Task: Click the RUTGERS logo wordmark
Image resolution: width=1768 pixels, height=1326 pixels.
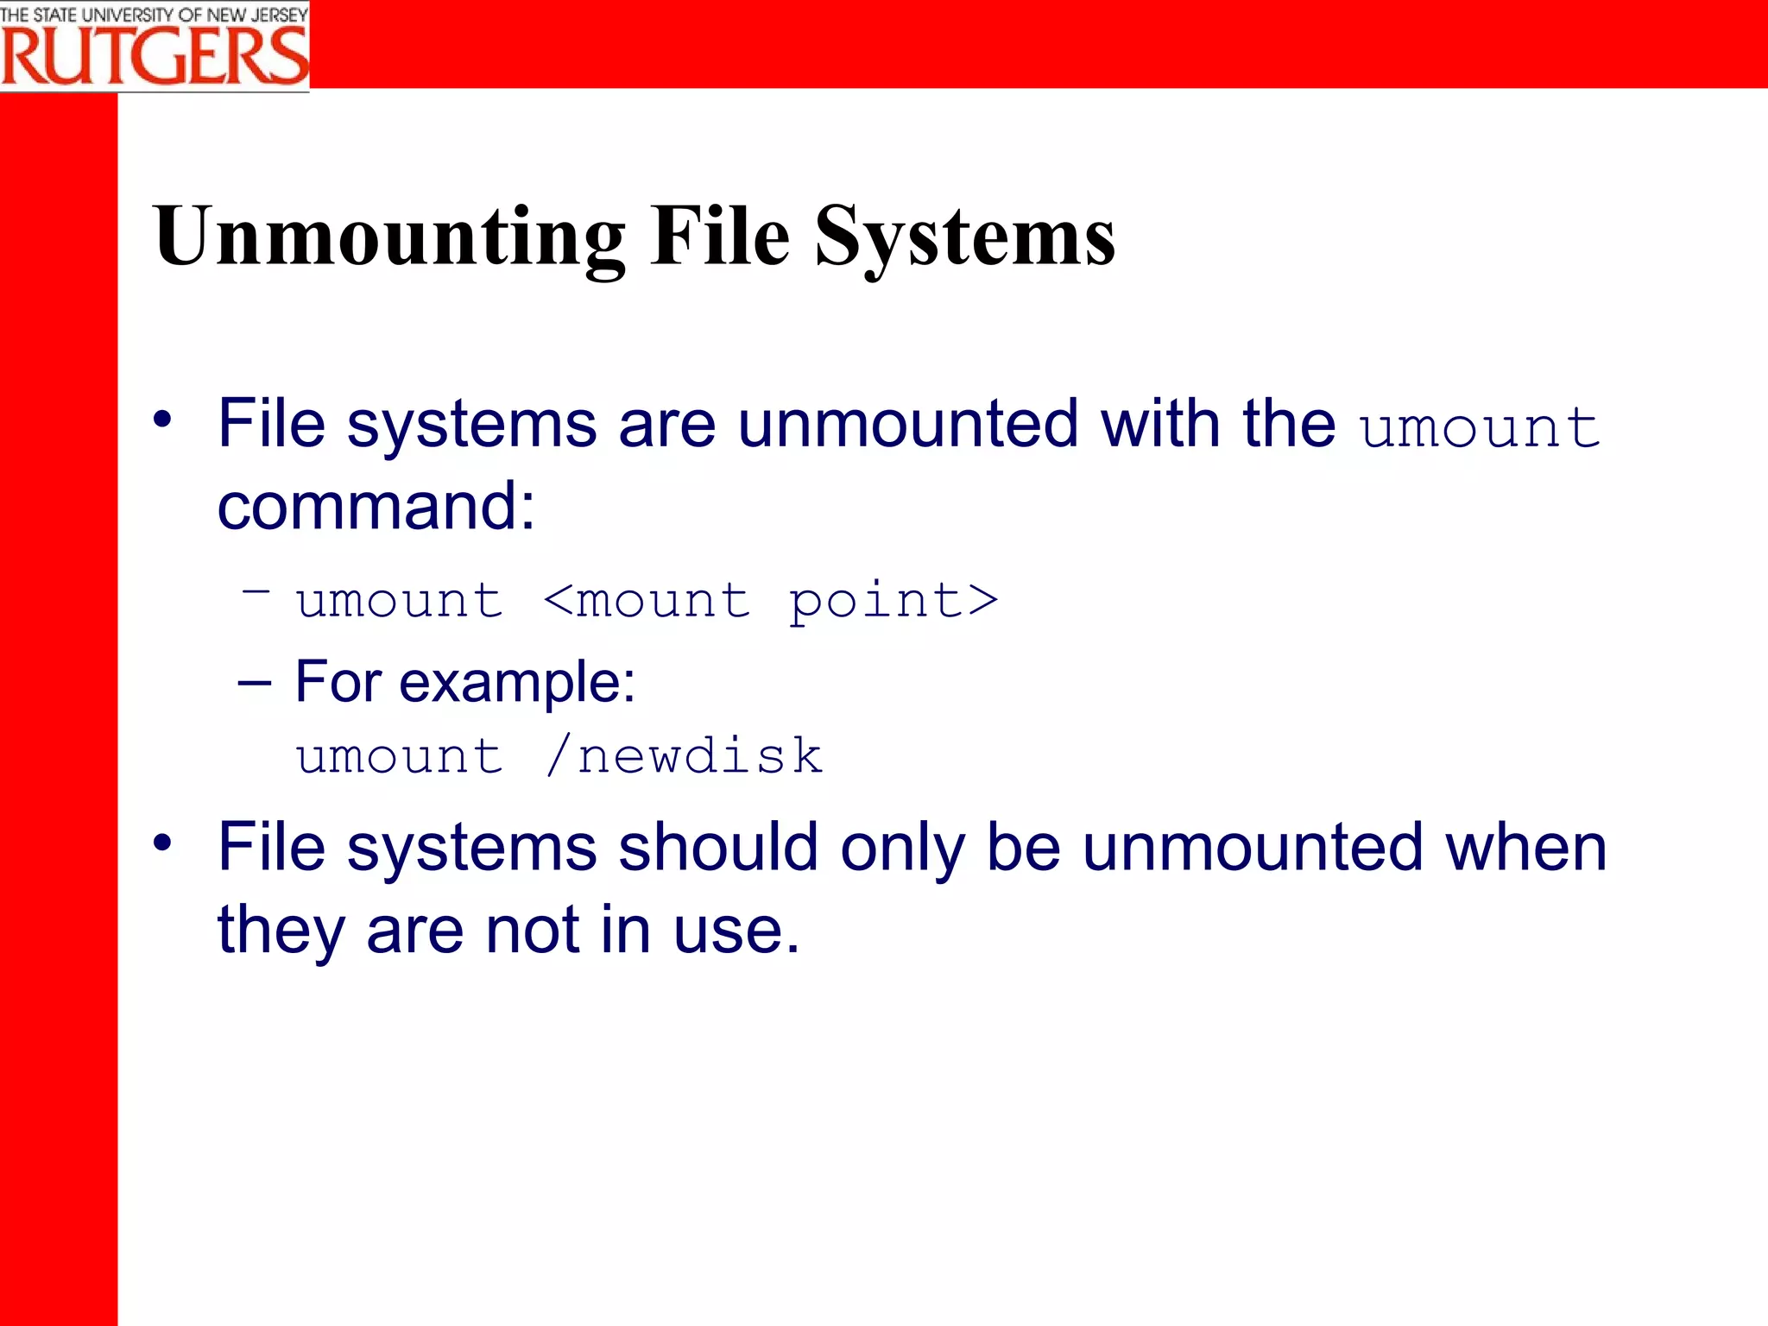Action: (x=155, y=57)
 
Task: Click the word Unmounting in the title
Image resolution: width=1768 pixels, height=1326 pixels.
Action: (x=388, y=237)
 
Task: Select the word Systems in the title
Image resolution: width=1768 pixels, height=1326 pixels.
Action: (x=964, y=237)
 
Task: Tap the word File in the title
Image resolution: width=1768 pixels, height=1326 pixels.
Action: (x=720, y=237)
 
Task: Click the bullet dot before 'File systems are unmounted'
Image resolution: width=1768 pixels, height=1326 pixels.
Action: (x=162, y=420)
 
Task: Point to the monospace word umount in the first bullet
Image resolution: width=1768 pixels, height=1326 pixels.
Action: (x=1480, y=427)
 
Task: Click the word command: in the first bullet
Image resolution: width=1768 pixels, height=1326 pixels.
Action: (x=376, y=506)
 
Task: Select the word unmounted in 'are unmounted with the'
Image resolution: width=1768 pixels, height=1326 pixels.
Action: (x=908, y=424)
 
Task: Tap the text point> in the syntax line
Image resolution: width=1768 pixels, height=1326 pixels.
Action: (x=893, y=602)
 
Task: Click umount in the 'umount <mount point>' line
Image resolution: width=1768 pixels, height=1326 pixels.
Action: (x=399, y=600)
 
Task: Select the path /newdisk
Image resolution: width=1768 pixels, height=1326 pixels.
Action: (x=685, y=756)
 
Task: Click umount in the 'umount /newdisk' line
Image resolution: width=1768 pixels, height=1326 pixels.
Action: (x=399, y=756)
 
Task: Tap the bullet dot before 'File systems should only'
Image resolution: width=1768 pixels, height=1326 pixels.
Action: (x=162, y=843)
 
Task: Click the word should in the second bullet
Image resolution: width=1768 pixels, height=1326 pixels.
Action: (x=718, y=847)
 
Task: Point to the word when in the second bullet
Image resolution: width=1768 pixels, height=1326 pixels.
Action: (x=1526, y=847)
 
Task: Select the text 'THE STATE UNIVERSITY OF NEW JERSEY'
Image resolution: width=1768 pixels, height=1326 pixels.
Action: (x=155, y=15)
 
